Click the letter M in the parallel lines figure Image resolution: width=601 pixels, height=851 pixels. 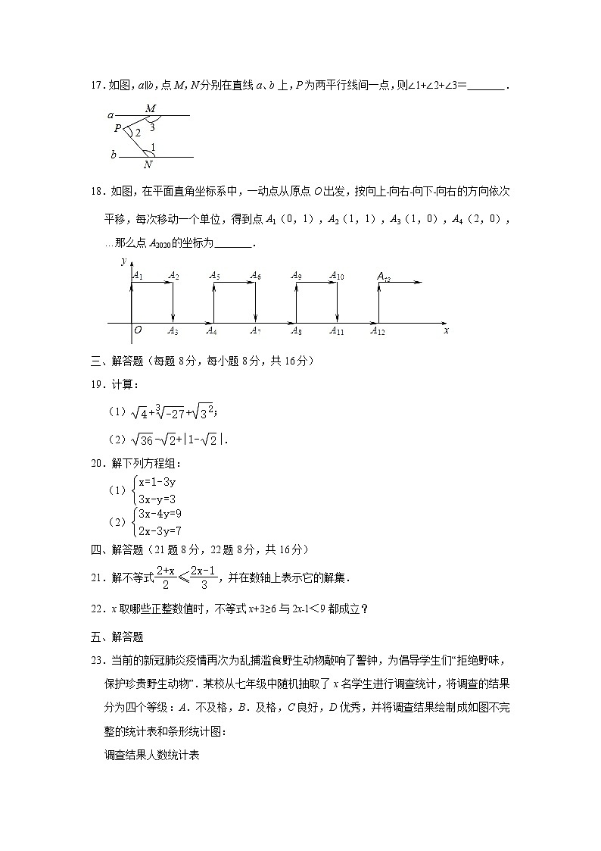[150, 108]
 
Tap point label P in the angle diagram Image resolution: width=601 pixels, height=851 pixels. [117, 129]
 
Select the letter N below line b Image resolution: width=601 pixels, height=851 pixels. [148, 164]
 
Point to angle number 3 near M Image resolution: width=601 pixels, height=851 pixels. [152, 127]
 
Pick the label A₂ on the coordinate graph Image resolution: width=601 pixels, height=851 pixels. [173, 276]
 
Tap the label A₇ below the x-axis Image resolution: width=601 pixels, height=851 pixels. [256, 330]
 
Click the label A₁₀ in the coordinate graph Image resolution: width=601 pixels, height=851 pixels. [337, 276]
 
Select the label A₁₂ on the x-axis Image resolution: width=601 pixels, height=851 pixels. [378, 330]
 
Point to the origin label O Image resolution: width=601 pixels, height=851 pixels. [138, 330]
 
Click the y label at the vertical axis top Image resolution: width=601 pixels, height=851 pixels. [123, 261]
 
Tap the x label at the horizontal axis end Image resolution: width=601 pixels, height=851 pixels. [447, 330]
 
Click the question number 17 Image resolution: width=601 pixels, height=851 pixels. [95, 86]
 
